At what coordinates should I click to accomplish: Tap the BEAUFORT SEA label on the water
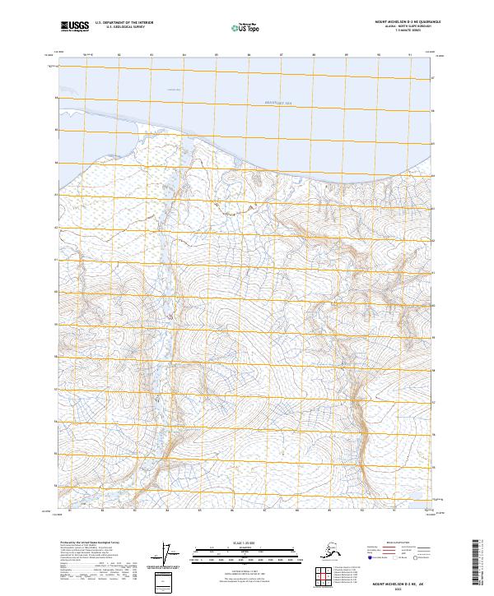pyautogui.click(x=264, y=101)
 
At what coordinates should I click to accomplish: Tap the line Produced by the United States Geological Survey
pyautogui.click(x=90, y=543)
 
